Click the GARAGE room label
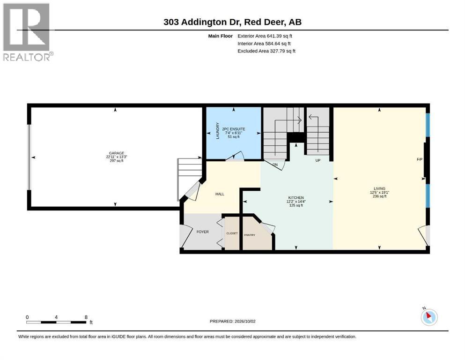pyautogui.click(x=117, y=153)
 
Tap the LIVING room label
pyautogui.click(x=380, y=188)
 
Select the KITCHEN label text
pyautogui.click(x=296, y=198)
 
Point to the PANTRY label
pyautogui.click(x=250, y=235)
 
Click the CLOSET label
pyautogui.click(x=232, y=233)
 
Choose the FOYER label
pyautogui.click(x=203, y=232)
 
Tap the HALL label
pyautogui.click(x=220, y=194)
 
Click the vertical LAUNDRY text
pyautogui.click(x=218, y=131)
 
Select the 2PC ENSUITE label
pyautogui.click(x=234, y=129)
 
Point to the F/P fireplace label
pyautogui.click(x=420, y=160)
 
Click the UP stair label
pyautogui.click(x=318, y=161)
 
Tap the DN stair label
pyautogui.click(x=275, y=165)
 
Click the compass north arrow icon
pyautogui.click(x=429, y=317)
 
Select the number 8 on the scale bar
pyautogui.click(x=86, y=317)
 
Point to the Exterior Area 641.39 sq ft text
pyautogui.click(x=265, y=36)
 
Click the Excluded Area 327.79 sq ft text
pyautogui.click(x=266, y=51)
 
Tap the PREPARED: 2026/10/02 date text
pyautogui.click(x=232, y=322)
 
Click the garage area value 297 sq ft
pyautogui.click(x=117, y=161)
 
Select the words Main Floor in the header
pyautogui.click(x=221, y=36)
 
